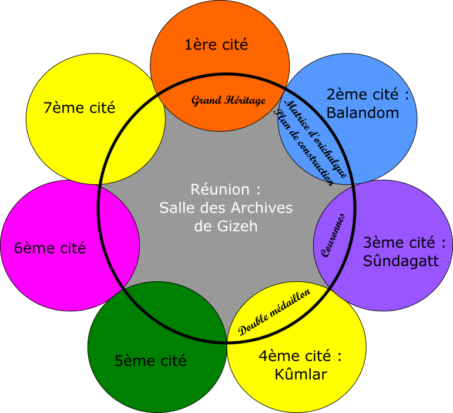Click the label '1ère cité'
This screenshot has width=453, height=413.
(216, 45)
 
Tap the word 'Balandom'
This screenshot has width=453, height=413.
(363, 113)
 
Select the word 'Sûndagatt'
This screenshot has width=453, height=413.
(401, 261)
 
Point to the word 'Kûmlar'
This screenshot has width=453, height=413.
(300, 374)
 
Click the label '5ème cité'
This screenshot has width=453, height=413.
(150, 361)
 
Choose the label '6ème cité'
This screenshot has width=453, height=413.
(50, 248)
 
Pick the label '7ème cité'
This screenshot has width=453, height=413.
(79, 108)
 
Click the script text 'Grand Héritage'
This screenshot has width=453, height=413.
(229, 100)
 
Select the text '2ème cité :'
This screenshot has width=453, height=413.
(367, 95)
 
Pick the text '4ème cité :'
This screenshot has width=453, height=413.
(300, 356)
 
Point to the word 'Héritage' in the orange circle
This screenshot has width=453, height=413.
(244, 100)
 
